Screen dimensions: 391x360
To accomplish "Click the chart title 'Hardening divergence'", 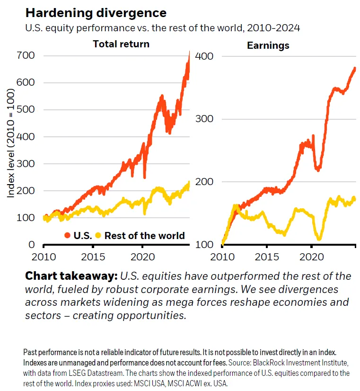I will tap(96, 12).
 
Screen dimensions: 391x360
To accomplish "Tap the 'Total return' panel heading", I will tap(121, 44).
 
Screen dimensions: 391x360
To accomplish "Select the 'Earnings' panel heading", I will tap(268, 46).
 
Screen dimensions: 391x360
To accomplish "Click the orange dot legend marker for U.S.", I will tap(67, 235).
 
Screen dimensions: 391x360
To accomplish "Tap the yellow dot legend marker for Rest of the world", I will tap(98, 235).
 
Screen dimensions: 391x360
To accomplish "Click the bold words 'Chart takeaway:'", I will tap(71, 276).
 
